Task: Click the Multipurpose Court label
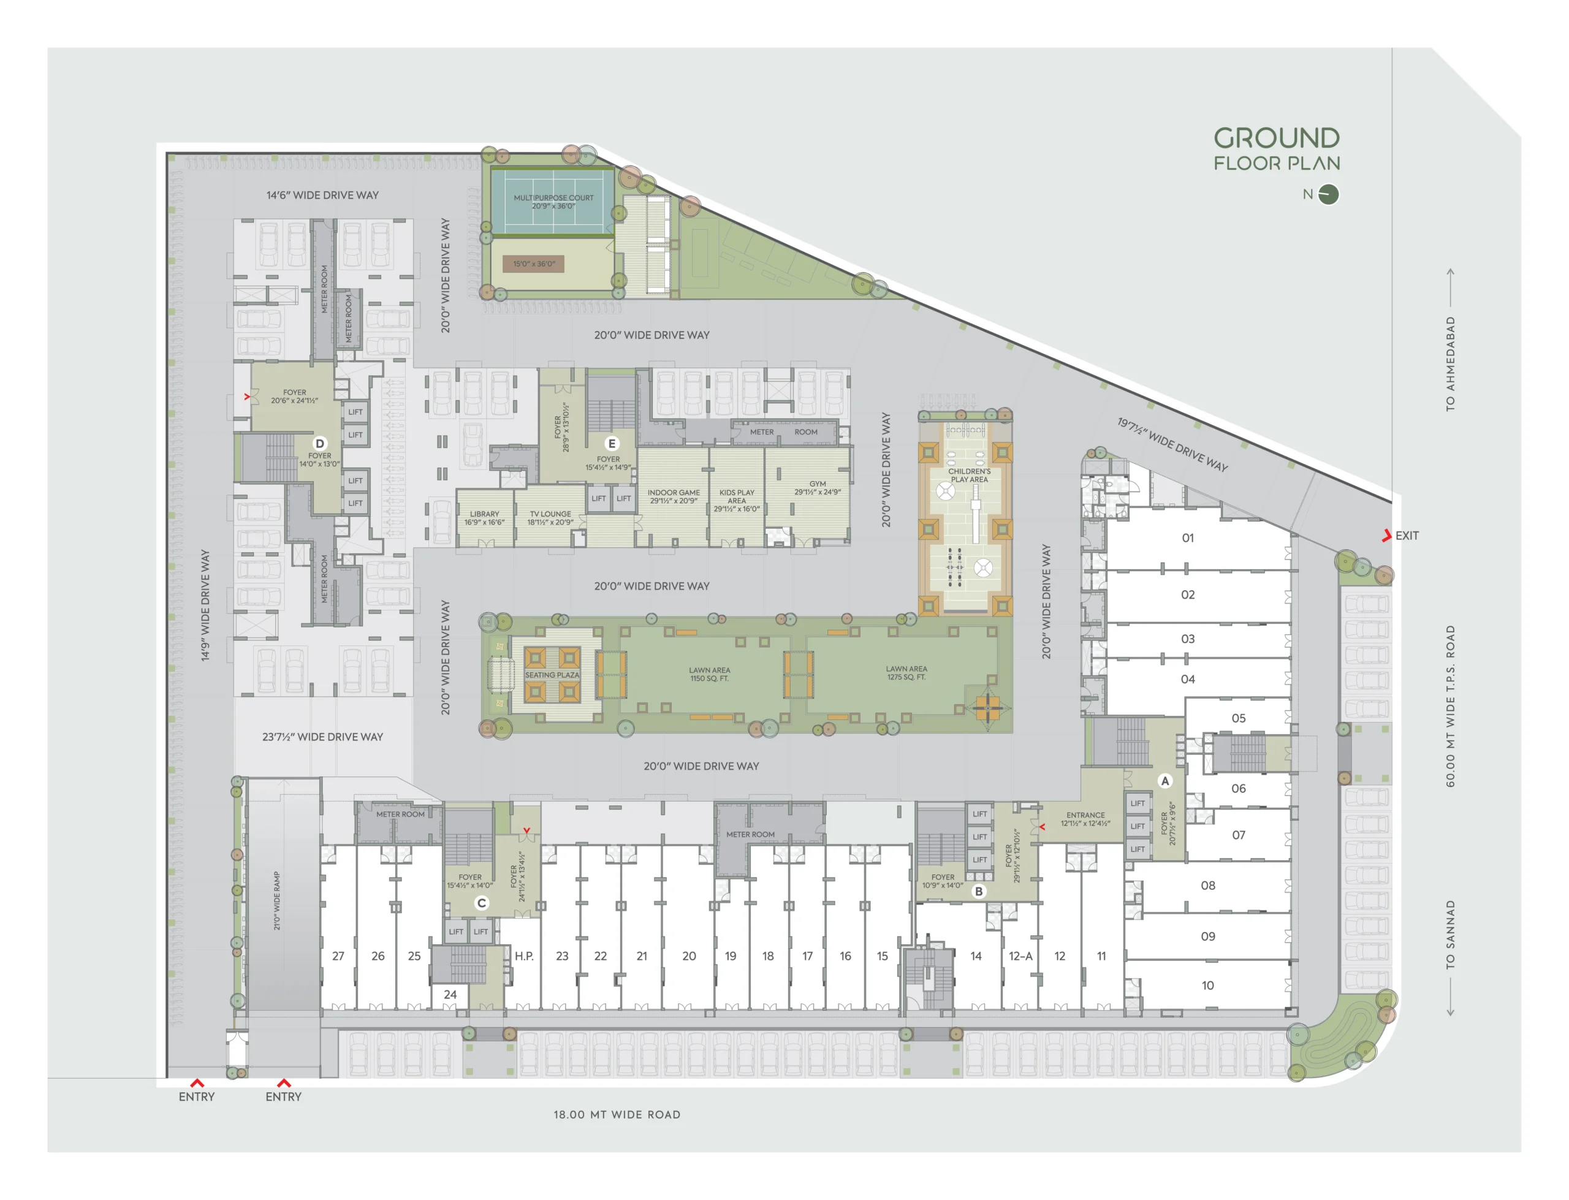tap(553, 202)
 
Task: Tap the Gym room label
tap(818, 488)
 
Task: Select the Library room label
tap(484, 518)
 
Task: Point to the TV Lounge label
tap(550, 518)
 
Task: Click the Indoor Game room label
tap(674, 496)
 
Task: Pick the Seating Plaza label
tap(552, 675)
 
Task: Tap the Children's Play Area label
tap(969, 476)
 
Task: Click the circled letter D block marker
tap(320, 444)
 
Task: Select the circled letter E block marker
tap(611, 444)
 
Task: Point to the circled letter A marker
tap(1164, 781)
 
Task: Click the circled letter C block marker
tap(481, 903)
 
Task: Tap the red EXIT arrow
tap(1386, 535)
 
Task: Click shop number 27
tap(338, 955)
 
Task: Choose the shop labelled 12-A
tap(1020, 955)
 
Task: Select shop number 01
tap(1188, 538)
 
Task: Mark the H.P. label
tap(524, 955)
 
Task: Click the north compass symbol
tap(1328, 194)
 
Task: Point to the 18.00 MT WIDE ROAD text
tap(617, 1114)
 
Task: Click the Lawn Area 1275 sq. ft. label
tap(906, 673)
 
